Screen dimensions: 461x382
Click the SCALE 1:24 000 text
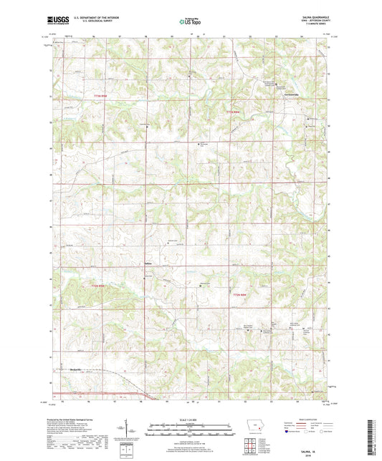click(190, 419)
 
